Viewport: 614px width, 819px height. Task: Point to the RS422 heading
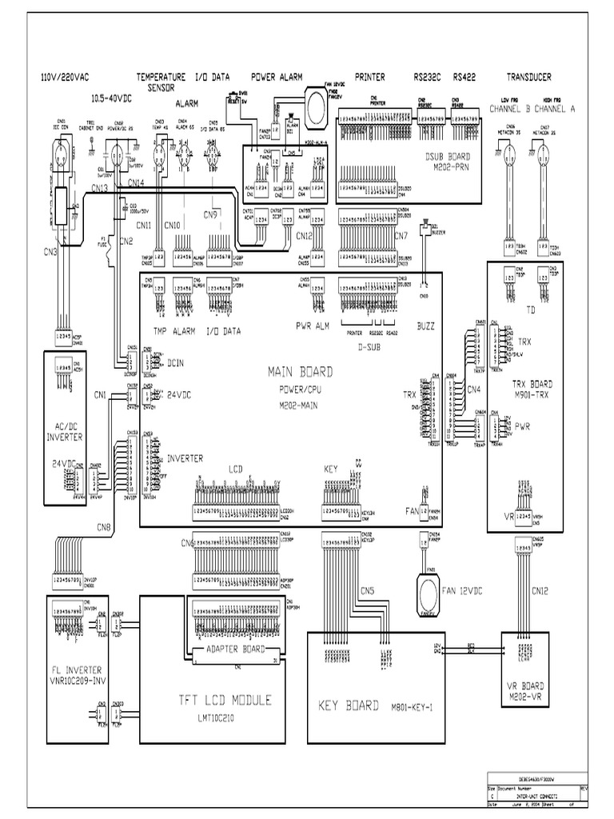click(x=465, y=78)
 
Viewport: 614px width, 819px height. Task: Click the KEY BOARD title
click(x=348, y=706)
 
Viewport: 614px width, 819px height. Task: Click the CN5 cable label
click(x=366, y=591)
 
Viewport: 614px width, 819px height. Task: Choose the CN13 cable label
click(x=100, y=188)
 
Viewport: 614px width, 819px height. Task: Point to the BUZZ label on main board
click(x=427, y=326)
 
